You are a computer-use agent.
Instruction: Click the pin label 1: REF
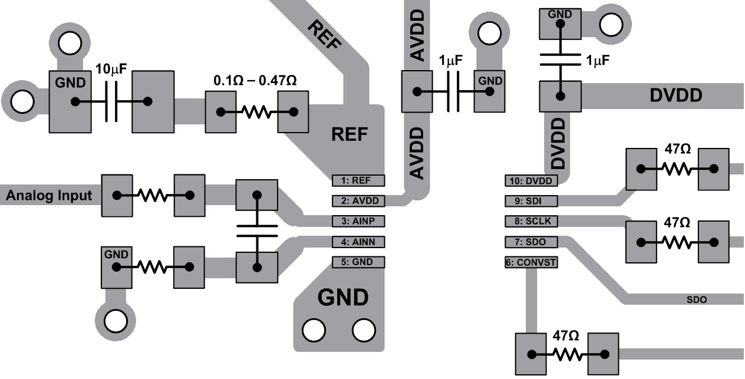coord(358,180)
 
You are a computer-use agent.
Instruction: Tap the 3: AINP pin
coord(358,222)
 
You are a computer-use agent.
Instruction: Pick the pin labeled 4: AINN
coord(358,242)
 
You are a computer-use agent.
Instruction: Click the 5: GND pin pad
coord(358,262)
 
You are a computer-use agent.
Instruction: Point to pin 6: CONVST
coord(531,262)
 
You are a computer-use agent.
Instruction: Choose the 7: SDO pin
coord(531,242)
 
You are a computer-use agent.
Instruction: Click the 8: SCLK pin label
coord(531,222)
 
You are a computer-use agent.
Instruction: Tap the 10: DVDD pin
coord(531,180)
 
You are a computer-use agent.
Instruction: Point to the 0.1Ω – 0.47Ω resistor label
coord(255,80)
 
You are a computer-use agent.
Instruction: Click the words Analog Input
coord(49,196)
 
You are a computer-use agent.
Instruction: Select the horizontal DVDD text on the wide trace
coord(676,95)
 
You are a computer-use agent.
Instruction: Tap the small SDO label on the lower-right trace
coord(697,300)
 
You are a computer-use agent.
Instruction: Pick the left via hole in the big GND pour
coord(314,330)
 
